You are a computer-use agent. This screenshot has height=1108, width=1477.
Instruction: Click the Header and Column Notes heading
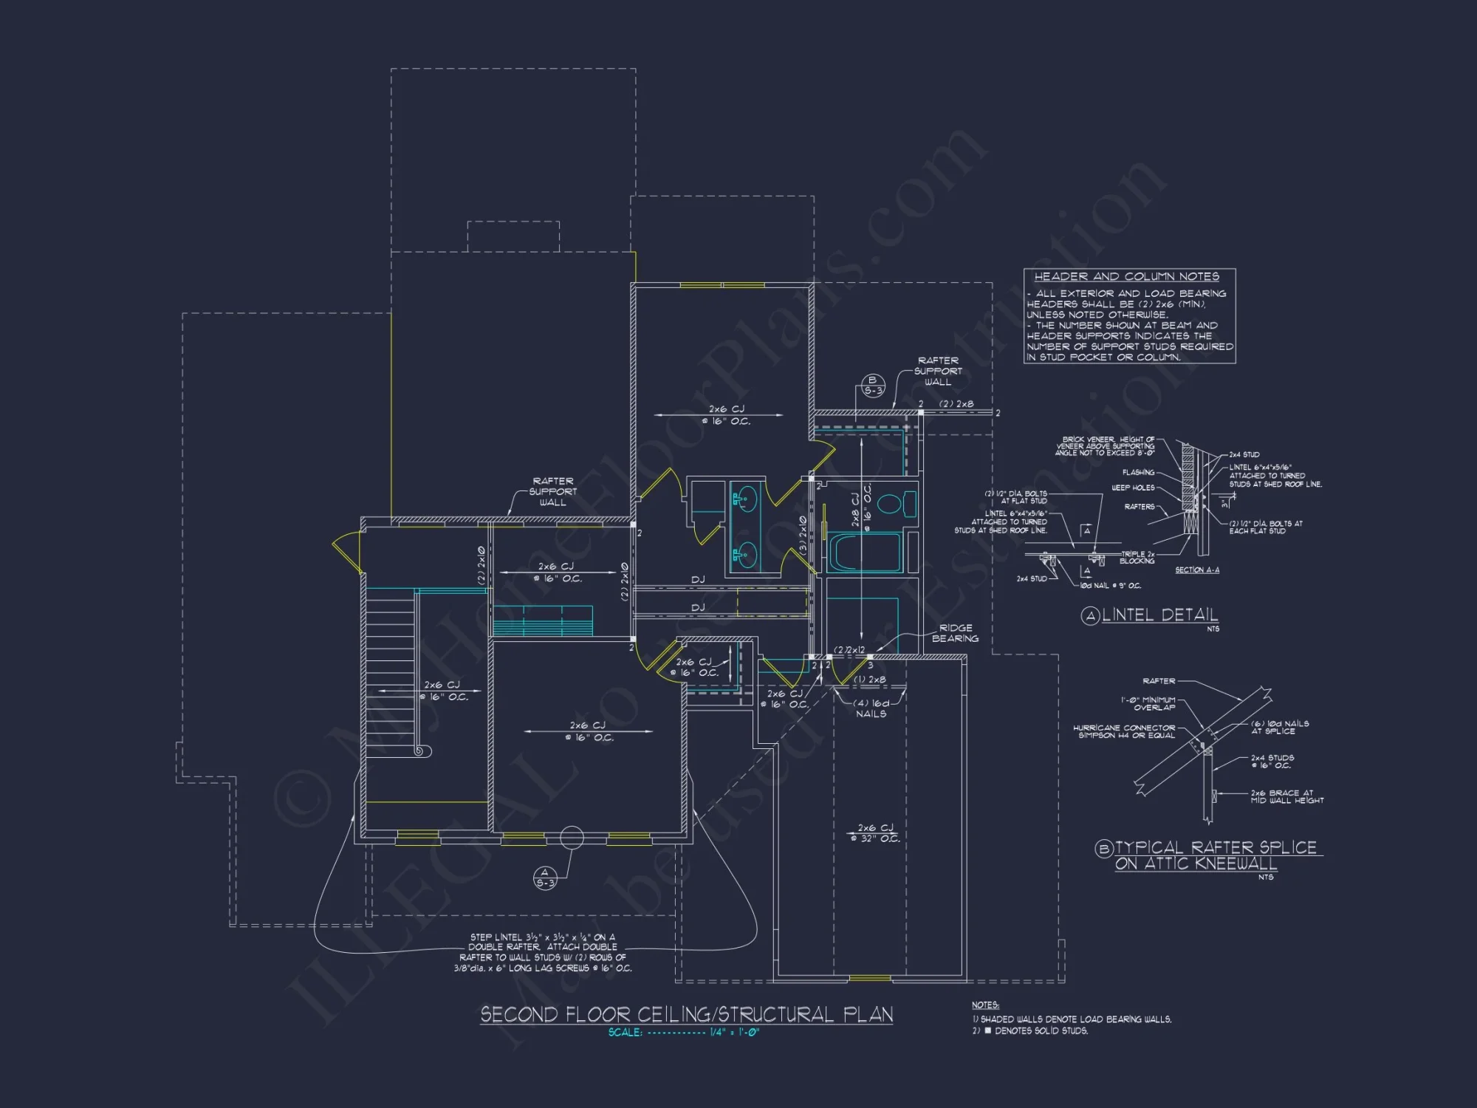[x=1126, y=276]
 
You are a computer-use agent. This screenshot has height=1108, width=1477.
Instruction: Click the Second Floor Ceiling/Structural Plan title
[x=686, y=1014]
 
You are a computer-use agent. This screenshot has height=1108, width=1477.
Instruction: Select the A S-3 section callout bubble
[x=545, y=878]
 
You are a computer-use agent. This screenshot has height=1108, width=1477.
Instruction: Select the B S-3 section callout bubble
[x=873, y=386]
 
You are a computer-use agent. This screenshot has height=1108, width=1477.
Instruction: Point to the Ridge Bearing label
[x=955, y=633]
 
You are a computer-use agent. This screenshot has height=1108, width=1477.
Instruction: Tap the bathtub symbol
[x=864, y=553]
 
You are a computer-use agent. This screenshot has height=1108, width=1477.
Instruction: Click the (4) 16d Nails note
[x=871, y=708]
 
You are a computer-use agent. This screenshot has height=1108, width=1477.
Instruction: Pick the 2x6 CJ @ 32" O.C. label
[x=875, y=832]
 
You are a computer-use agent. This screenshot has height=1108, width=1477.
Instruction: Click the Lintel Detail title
[x=1159, y=615]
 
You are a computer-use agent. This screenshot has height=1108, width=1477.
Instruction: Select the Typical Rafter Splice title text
[x=1216, y=855]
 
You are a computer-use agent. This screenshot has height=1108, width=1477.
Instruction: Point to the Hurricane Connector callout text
[x=1123, y=731]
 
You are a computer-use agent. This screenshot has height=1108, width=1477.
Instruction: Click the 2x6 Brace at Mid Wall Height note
[x=1286, y=796]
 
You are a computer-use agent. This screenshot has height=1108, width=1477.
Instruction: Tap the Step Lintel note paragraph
[x=543, y=952]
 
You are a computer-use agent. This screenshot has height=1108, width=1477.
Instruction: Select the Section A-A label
[x=1197, y=570]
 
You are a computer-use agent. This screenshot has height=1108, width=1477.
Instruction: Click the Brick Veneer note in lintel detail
[x=1105, y=446]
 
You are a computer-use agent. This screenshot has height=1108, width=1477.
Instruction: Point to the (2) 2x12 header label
[x=849, y=650]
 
